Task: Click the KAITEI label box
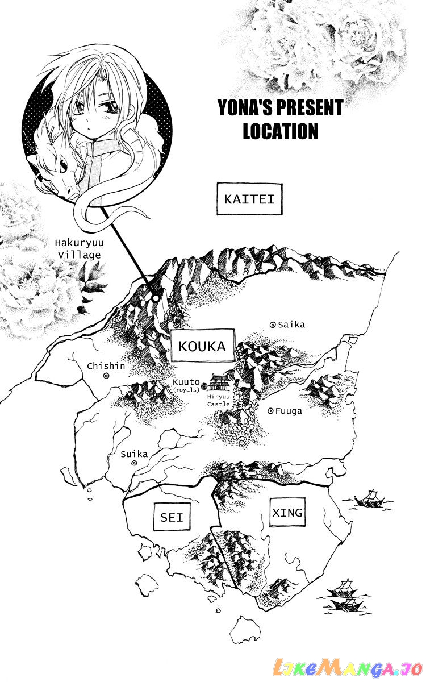point(249,199)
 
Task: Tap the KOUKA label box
point(202,346)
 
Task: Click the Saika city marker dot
point(273,325)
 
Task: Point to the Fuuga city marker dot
point(270,410)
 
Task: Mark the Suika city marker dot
point(134,463)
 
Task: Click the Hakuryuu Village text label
point(78,248)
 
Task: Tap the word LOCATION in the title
point(280,131)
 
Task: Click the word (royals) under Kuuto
point(185,390)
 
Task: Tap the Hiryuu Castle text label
point(219,400)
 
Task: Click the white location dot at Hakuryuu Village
point(155,297)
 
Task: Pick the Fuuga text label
point(290,411)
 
